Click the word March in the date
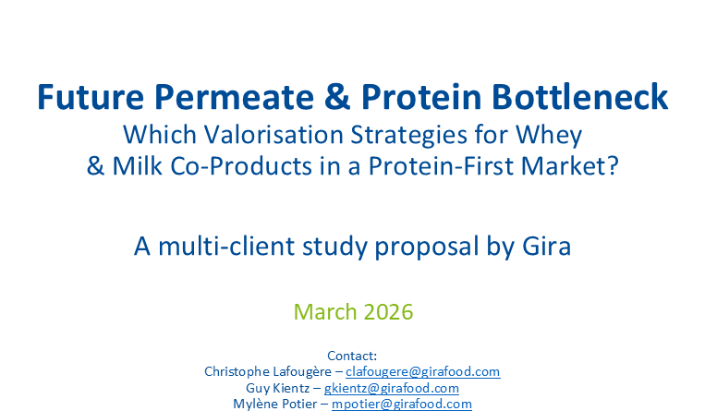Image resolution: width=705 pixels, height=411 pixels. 324,311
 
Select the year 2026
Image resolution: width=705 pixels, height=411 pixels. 386,311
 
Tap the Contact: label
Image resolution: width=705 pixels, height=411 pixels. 352,356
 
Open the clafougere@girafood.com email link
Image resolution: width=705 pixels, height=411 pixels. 423,371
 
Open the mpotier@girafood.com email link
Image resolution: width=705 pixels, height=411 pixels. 404,405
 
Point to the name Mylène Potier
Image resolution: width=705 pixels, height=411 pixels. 273,405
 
